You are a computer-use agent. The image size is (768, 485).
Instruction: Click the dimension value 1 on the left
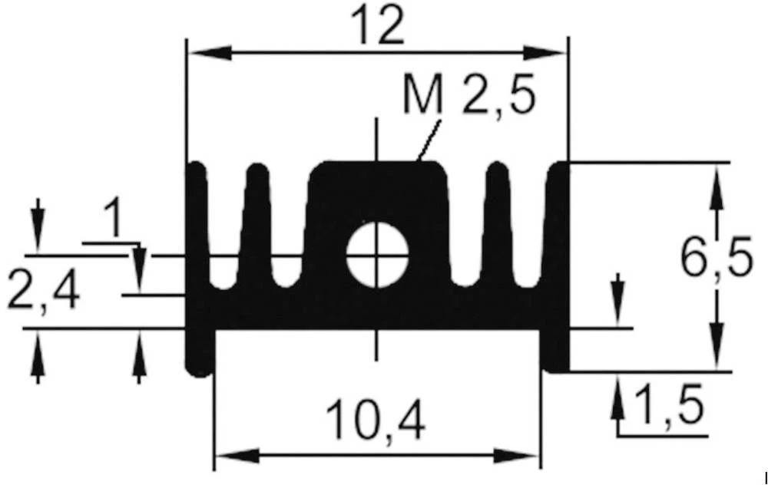(x=113, y=219)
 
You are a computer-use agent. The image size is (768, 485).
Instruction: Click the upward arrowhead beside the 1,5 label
(x=618, y=396)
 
